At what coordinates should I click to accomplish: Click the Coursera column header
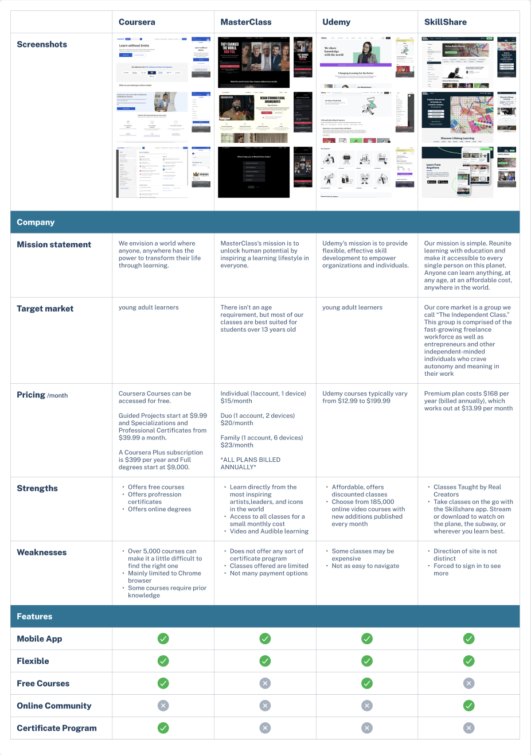(136, 22)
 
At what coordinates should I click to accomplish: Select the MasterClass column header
(245, 22)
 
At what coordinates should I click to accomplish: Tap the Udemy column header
(336, 22)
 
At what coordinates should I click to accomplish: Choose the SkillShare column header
(445, 22)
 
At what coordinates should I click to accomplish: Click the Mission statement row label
(54, 244)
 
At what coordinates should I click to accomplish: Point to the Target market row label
(45, 309)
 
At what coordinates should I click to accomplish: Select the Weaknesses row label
(42, 552)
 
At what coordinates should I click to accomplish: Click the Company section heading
(36, 222)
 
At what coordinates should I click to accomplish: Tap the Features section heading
(34, 616)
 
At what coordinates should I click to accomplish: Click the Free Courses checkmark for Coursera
(163, 683)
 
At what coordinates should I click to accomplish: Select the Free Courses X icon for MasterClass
(265, 683)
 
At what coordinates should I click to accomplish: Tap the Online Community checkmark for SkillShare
(468, 706)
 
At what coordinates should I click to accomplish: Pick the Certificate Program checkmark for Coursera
(163, 728)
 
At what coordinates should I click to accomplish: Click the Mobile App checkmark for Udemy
(367, 639)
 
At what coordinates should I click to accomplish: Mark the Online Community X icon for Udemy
(367, 706)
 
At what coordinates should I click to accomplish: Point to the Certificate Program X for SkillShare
(468, 728)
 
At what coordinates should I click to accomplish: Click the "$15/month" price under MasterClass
(236, 401)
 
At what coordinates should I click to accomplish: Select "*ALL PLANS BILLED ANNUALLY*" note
(250, 464)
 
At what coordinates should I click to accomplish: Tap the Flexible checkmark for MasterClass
(265, 661)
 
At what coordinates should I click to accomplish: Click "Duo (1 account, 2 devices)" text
(257, 415)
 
